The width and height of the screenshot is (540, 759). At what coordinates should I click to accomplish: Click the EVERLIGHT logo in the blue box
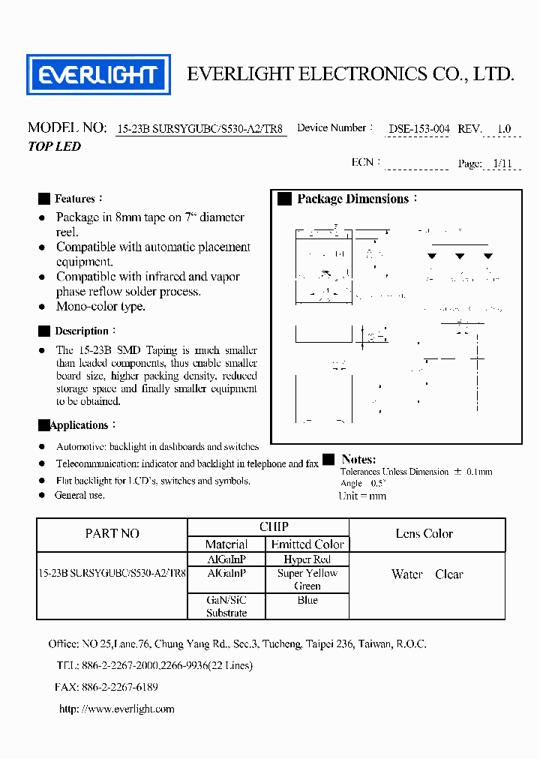(x=98, y=74)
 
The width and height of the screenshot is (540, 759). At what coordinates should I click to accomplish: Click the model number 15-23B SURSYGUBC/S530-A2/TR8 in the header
(x=201, y=128)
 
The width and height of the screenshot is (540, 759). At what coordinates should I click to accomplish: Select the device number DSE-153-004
(x=418, y=128)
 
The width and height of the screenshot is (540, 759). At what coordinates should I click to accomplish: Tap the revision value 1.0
(x=504, y=128)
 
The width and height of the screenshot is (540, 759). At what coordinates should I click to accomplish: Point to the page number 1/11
(x=504, y=163)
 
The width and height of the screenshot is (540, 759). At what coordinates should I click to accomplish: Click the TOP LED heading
(x=54, y=146)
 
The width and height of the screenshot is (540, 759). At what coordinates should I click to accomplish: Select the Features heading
(x=75, y=199)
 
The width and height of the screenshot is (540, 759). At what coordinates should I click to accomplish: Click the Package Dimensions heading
(x=352, y=199)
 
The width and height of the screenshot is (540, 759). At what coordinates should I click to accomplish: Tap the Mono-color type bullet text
(x=100, y=307)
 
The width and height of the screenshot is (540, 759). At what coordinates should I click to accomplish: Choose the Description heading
(x=82, y=331)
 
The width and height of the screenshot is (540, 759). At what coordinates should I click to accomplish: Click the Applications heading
(x=79, y=425)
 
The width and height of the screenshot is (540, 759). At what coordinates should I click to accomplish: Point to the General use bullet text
(x=79, y=495)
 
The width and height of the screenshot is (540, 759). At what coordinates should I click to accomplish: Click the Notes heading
(x=358, y=459)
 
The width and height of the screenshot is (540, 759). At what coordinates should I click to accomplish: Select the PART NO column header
(x=112, y=534)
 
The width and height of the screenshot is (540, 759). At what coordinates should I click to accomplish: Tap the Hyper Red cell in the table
(x=307, y=559)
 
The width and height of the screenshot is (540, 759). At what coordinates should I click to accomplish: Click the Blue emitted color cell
(x=307, y=600)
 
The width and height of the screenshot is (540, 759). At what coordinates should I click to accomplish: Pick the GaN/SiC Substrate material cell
(x=226, y=607)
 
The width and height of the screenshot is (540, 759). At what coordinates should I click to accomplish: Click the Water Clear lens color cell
(x=427, y=574)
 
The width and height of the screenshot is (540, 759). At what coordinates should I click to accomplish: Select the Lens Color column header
(x=424, y=534)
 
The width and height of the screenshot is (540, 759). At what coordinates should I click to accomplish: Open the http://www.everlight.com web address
(x=116, y=709)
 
